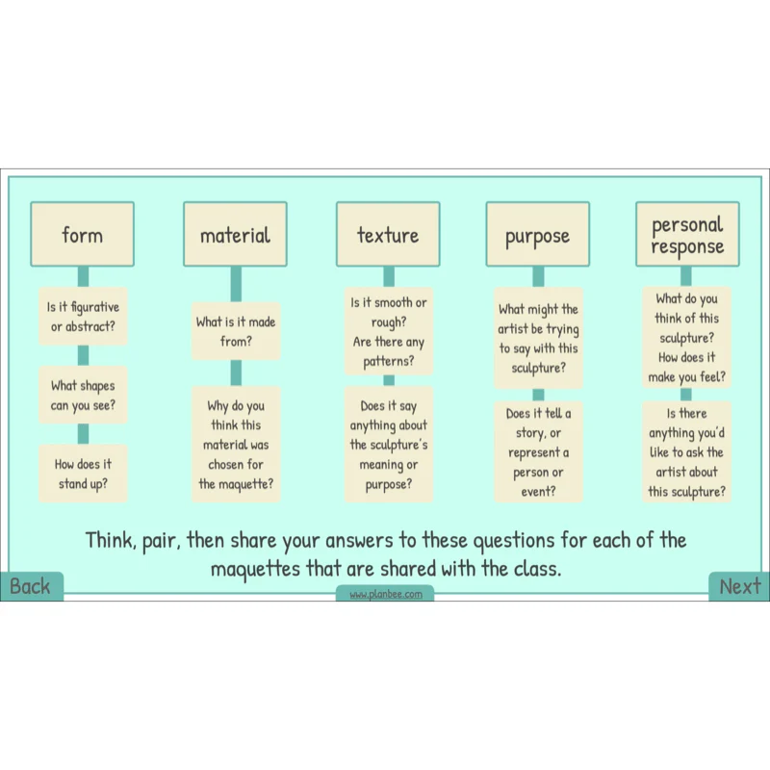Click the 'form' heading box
[83, 234]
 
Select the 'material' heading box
[235, 234]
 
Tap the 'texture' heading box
[388, 234]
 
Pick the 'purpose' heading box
[538, 234]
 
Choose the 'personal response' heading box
[687, 234]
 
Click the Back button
[32, 586]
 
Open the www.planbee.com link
[386, 594]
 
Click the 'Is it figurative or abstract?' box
[83, 317]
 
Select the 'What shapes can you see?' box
[83, 395]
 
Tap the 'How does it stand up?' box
[83, 474]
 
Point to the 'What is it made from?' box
[236, 331]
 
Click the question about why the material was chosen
[236, 445]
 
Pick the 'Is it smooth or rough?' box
[389, 331]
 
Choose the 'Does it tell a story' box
[538, 451]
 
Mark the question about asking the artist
[686, 451]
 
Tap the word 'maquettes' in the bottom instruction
[255, 569]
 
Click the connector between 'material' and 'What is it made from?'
[236, 284]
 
